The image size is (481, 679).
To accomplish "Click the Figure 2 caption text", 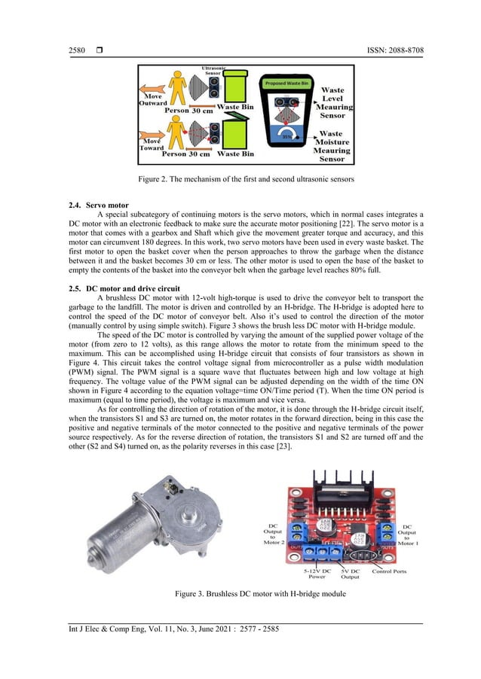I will point(240,179).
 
